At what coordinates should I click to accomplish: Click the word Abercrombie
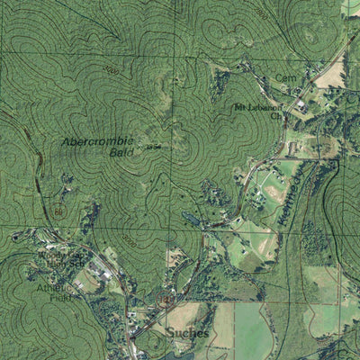point(97,141)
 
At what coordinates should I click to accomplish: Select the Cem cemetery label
point(285,78)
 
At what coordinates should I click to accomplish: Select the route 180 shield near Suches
point(165,301)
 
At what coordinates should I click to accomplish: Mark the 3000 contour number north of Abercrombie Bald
point(111,69)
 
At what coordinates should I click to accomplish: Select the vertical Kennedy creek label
point(290,189)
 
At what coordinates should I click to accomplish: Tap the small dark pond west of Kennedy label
point(190,217)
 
